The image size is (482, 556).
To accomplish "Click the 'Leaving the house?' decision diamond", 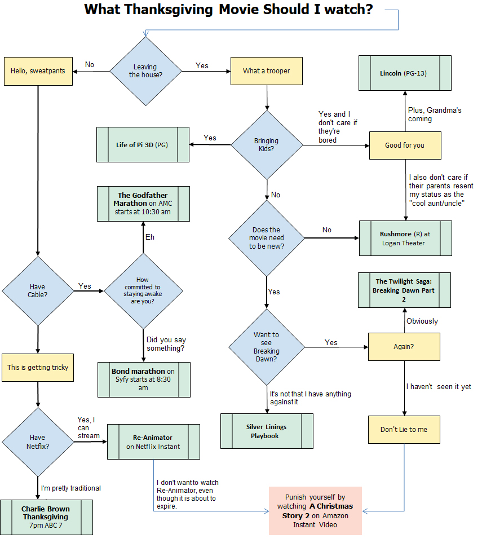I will [145, 71].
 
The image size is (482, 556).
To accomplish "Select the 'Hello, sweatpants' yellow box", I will [38, 71].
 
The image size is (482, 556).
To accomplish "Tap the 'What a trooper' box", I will [267, 71].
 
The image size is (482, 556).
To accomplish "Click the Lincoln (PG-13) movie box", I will [405, 73].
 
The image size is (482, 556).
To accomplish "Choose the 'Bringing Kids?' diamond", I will [267, 145].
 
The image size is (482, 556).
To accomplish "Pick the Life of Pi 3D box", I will [143, 145].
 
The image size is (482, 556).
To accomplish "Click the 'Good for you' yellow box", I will [405, 145].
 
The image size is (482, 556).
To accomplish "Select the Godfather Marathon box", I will [143, 204].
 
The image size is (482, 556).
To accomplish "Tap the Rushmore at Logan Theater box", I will [405, 239].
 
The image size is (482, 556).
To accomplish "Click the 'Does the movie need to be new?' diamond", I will [267, 238].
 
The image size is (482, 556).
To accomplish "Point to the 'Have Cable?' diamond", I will [38, 291].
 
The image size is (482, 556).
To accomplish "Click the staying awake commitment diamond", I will [143, 291].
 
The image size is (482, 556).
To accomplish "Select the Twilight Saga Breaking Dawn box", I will [404, 290].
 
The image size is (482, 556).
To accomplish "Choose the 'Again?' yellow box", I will [404, 346].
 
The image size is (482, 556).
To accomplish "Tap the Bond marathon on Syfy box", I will [143, 380].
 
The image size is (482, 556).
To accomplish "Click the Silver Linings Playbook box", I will [266, 431].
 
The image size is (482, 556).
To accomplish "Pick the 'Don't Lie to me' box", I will [404, 429].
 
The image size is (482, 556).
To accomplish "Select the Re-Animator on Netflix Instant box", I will [153, 442].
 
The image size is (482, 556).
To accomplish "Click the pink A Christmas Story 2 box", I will [315, 511].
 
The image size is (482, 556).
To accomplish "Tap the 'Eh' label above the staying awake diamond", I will [150, 237].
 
